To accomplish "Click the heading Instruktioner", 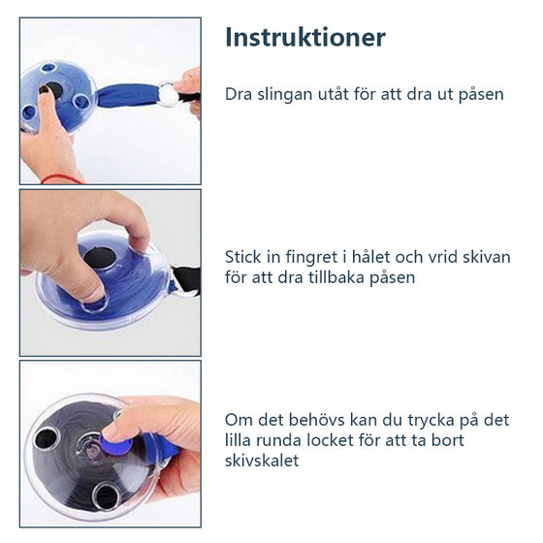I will [x=305, y=38].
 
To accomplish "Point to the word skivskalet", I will [x=263, y=461].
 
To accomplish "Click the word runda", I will [x=273, y=440].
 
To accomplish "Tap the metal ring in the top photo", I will [x=170, y=94].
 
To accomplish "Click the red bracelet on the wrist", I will [x=63, y=178].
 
